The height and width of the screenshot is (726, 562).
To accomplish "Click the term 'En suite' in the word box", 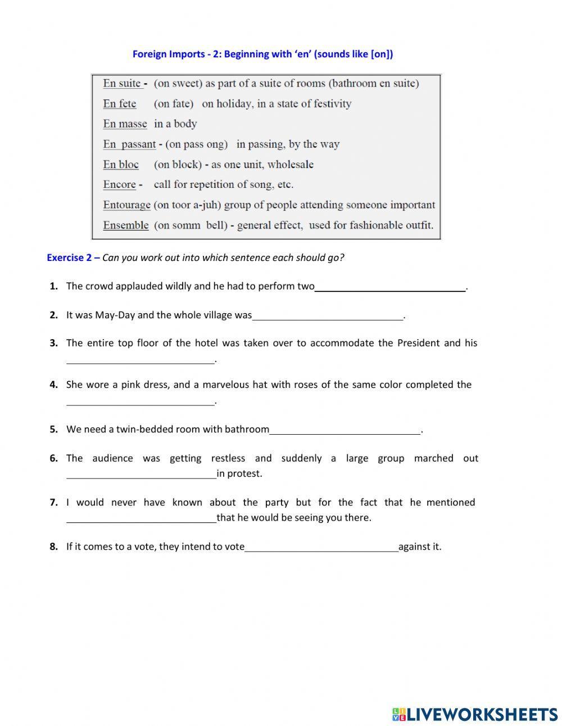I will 121,84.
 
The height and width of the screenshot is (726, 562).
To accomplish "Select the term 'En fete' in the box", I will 119,104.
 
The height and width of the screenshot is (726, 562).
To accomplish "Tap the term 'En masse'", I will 125,124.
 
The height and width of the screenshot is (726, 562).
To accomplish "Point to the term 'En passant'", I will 129,145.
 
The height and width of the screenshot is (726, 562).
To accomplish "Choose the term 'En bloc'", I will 121,165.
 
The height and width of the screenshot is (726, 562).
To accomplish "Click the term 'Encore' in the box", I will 119,185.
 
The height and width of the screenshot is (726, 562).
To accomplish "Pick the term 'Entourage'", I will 126,205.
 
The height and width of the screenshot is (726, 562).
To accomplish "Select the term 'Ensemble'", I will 126,226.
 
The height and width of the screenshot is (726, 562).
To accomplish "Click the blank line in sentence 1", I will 390,287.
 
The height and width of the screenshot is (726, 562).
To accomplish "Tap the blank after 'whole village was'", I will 328,316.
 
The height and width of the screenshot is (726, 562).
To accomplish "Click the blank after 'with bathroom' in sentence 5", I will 345,430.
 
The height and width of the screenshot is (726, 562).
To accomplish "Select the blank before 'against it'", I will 321,547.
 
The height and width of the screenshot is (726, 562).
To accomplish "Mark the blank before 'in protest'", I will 141,474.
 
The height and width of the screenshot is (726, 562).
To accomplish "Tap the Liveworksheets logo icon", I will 398,714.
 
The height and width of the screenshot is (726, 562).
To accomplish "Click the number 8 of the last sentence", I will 53,547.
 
